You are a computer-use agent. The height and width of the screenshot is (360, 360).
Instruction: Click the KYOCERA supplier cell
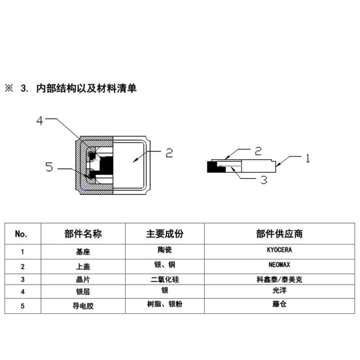282,249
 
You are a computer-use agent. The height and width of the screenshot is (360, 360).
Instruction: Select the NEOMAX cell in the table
282,265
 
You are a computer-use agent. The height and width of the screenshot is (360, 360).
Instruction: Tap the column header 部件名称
83,234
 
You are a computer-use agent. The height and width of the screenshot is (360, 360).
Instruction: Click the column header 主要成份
165,234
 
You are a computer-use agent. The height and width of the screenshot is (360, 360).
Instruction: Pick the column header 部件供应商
282,234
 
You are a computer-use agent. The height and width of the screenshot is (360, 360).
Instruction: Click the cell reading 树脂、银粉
165,305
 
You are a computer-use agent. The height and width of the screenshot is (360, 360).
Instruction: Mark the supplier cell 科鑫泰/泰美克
282,279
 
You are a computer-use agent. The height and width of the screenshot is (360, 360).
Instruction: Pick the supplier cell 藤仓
282,305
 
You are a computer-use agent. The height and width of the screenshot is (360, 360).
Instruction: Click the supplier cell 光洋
282,292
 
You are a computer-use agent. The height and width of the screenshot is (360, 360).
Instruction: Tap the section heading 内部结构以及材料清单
85,88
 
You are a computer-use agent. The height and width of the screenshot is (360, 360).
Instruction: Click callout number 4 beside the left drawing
40,121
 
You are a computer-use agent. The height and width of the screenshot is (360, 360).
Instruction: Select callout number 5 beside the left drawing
49,167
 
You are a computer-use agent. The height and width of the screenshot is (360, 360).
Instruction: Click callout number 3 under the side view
264,180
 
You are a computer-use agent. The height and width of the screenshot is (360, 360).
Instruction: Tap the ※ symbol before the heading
9,88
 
